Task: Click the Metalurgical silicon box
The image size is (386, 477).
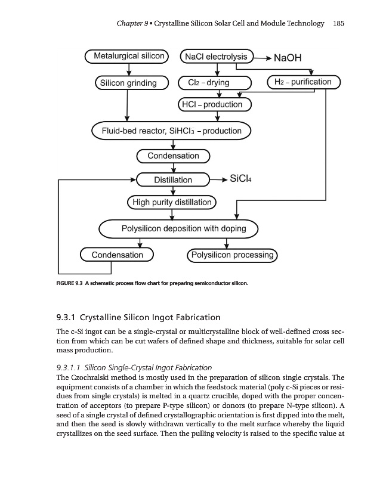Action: click(x=129, y=57)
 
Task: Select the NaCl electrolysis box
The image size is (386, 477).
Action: click(x=216, y=57)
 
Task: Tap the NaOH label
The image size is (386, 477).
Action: click(x=288, y=58)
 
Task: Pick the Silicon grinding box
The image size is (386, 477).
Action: click(x=128, y=83)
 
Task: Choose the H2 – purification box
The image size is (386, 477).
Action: click(x=303, y=82)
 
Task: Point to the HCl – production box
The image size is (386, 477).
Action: click(x=215, y=105)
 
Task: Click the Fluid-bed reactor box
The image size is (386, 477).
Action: click(x=171, y=131)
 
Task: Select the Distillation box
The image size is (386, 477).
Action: click(x=173, y=179)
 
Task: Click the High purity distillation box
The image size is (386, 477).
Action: click(x=172, y=203)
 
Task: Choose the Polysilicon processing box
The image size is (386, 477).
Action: click(x=231, y=255)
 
